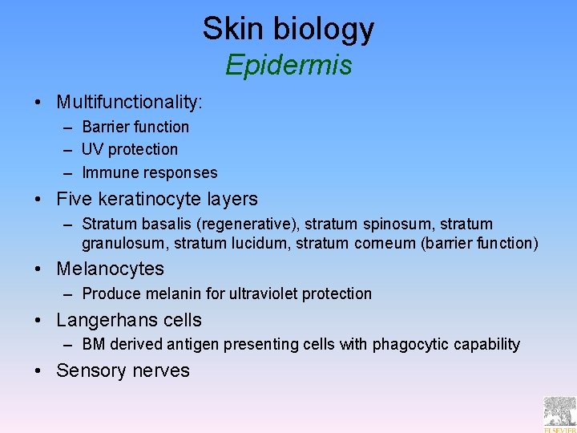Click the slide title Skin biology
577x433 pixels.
[x=288, y=29]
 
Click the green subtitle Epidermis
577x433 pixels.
[x=288, y=65]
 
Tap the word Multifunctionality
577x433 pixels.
[x=128, y=103]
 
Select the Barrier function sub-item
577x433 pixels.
[x=135, y=127]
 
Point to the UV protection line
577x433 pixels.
[x=130, y=149]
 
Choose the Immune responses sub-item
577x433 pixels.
[x=149, y=172]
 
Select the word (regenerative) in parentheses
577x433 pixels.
[x=241, y=224]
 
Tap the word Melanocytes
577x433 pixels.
[x=110, y=269]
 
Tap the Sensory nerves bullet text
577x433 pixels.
[x=123, y=370]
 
